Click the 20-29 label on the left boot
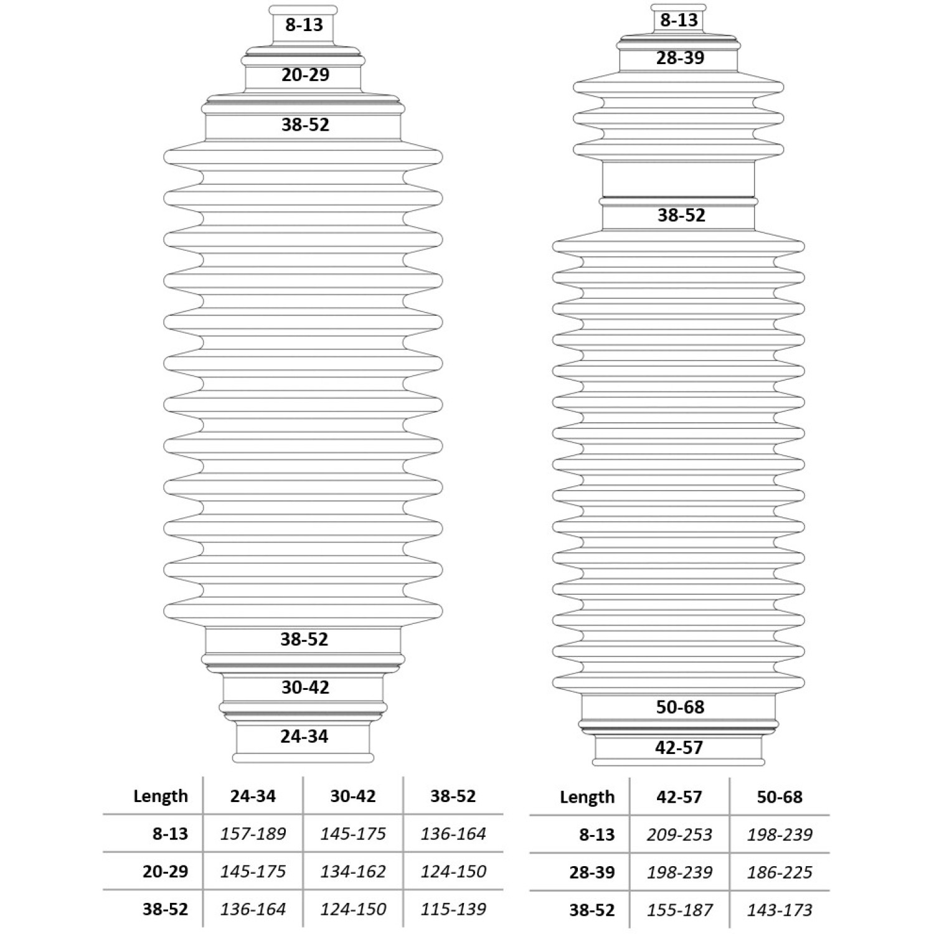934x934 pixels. coord(305,75)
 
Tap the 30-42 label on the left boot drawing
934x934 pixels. coord(305,687)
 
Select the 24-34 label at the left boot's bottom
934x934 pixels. coord(304,737)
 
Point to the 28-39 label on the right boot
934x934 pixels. coord(680,58)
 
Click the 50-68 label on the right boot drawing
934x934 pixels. coord(680,707)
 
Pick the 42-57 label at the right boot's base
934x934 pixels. coord(679,748)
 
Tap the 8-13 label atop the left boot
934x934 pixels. coord(304,25)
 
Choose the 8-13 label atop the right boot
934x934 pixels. coord(679,20)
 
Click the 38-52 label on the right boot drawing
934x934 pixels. coord(681,215)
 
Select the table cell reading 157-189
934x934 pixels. coord(253,834)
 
